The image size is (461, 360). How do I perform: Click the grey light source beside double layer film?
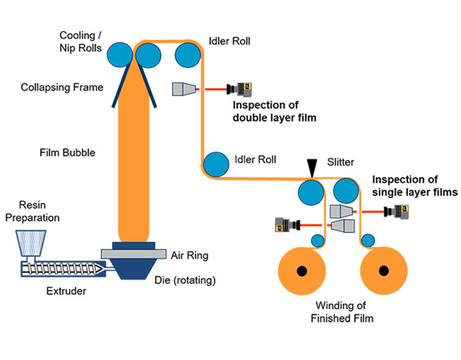point(184,89)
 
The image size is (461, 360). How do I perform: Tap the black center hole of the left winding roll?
point(302,271)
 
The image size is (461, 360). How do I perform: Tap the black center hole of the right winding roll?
point(383,271)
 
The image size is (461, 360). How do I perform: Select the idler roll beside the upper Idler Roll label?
point(188,55)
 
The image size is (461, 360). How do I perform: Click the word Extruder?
point(66,291)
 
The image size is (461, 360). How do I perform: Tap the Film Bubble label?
point(67,153)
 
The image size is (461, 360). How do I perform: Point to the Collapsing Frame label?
point(62,87)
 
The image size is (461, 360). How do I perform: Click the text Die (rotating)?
point(185,280)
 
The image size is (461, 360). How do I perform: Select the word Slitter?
point(340,162)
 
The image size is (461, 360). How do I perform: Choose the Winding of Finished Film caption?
point(341,312)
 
